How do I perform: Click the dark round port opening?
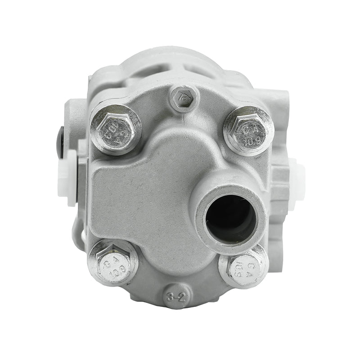229,217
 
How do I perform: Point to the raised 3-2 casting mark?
177,297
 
